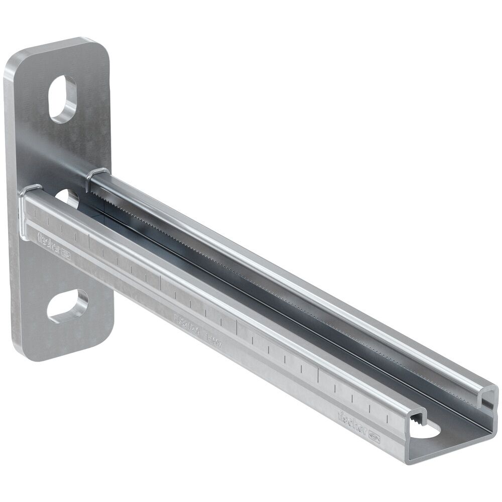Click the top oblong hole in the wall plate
pyautogui.click(x=63, y=99)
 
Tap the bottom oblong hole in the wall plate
pyautogui.click(x=68, y=306)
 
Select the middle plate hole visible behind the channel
pyautogui.click(x=68, y=197)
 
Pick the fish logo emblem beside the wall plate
pyautogui.click(x=66, y=256)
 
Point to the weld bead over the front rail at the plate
pyautogui.click(x=31, y=190)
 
